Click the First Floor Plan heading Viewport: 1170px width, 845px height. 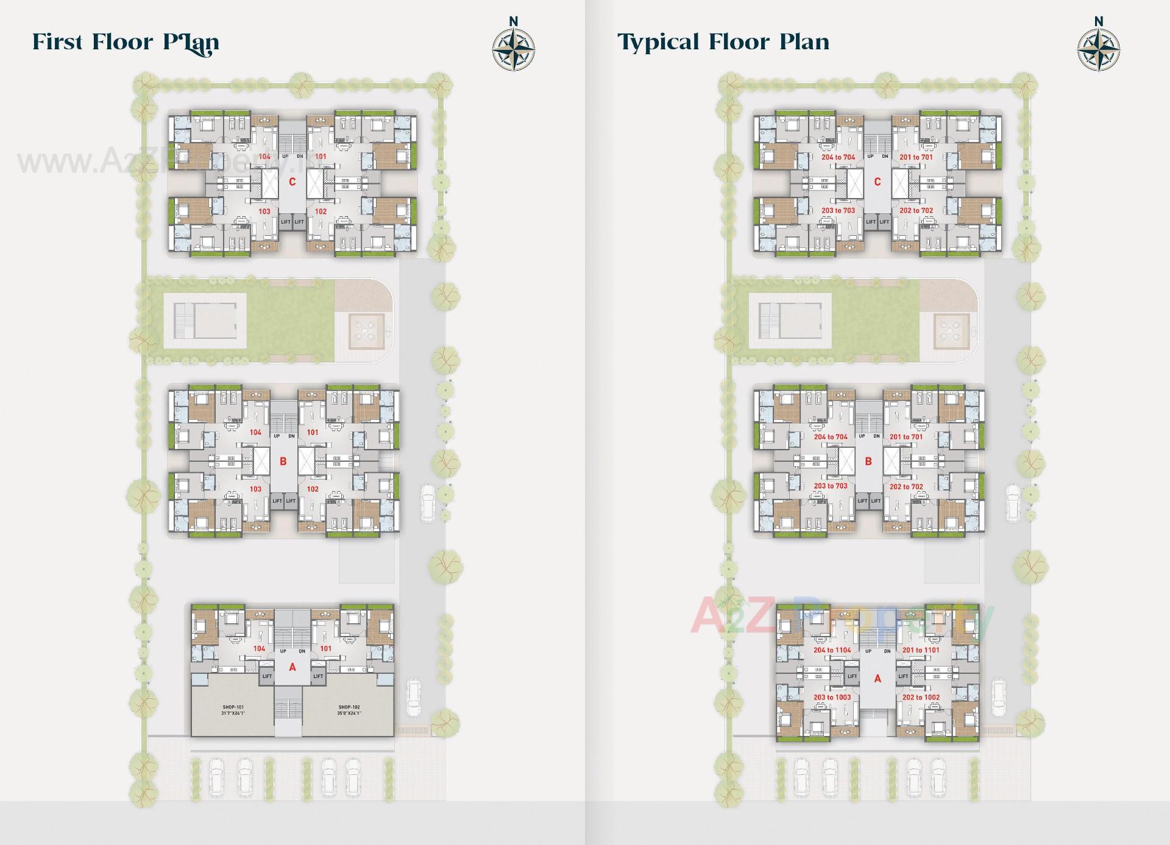click(126, 43)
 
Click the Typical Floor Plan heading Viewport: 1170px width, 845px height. click(723, 42)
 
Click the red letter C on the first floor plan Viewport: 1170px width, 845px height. click(292, 182)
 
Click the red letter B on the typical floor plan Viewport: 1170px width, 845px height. click(868, 461)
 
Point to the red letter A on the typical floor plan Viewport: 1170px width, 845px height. click(877, 678)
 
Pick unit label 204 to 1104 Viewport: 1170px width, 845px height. click(832, 650)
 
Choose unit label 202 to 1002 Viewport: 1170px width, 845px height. click(921, 698)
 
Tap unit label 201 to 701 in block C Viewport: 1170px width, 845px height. click(916, 157)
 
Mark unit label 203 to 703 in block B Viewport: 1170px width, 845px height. click(831, 486)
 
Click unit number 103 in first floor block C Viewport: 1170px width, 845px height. click(264, 212)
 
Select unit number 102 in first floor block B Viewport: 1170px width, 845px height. click(313, 489)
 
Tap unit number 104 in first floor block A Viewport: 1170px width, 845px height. click(260, 649)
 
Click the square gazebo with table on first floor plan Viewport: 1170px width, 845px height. click(366, 331)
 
